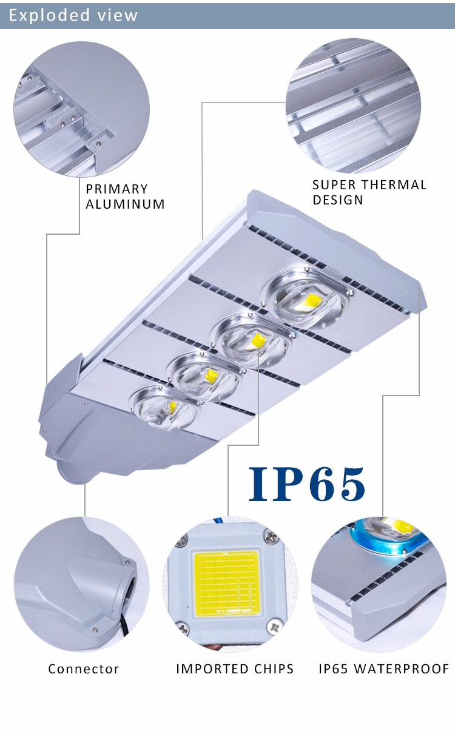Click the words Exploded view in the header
pos(73,15)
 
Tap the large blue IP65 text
pos(307,484)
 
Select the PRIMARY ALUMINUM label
pos(125,197)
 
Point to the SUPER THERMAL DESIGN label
pos(369,192)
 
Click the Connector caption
pos(84,669)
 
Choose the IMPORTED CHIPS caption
pos(235,669)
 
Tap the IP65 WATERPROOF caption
pos(384,669)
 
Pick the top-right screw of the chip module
pos(271,538)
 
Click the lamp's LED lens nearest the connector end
pos(166,407)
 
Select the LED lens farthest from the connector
pos(308,298)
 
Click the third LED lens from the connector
pos(254,340)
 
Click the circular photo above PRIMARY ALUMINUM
pos(82,109)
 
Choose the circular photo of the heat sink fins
pos(353,106)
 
